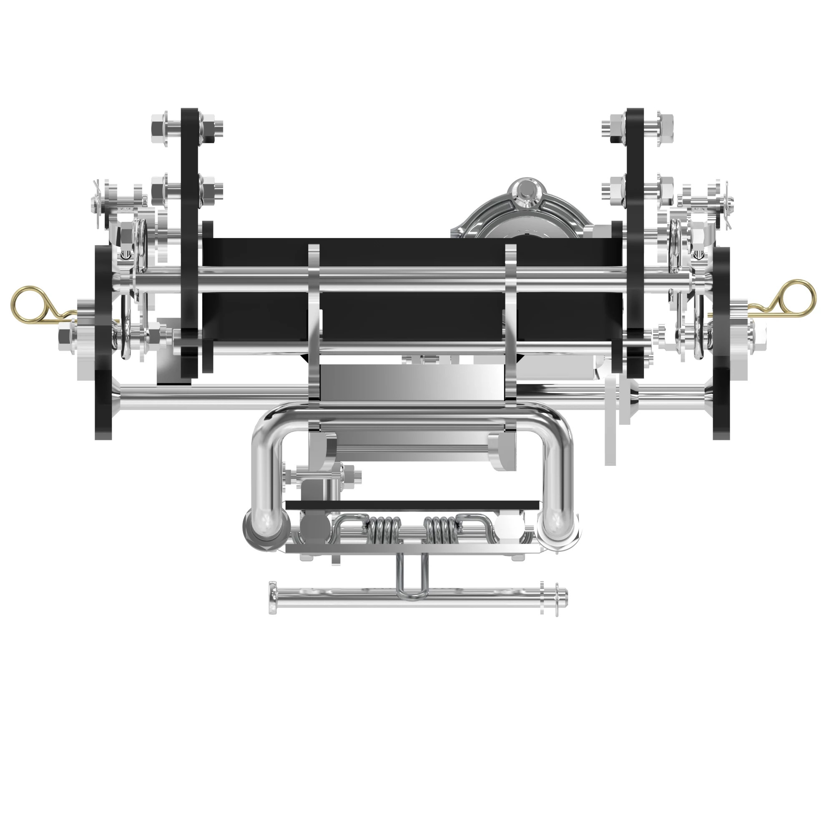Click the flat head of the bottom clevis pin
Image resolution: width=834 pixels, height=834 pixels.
pos(273,598)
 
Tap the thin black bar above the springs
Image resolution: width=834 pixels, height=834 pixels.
pos(412,505)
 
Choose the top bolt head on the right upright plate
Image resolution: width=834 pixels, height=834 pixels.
pos(665,128)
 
